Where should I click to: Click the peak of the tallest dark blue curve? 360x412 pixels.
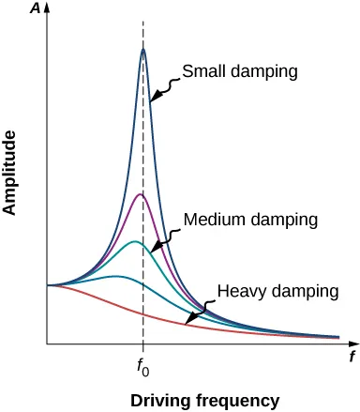point(142,49)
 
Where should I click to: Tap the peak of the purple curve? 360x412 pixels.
point(140,194)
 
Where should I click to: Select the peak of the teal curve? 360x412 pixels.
point(135,241)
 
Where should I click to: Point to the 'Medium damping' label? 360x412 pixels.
point(251,219)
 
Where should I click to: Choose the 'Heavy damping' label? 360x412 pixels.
point(277,291)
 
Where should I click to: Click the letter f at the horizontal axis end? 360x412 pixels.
point(352,357)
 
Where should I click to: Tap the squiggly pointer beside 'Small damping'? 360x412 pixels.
point(163,88)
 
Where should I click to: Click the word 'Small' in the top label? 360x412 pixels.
point(202,70)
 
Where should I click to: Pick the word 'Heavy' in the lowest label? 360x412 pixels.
point(239,291)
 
